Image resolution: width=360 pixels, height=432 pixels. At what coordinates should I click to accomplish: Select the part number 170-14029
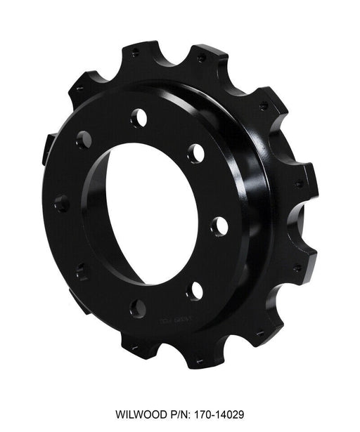coord(219,414)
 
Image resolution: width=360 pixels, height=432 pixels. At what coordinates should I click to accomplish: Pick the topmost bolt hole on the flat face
coord(139,117)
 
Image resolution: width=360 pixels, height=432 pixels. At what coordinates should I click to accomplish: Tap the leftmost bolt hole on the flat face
coord(62,203)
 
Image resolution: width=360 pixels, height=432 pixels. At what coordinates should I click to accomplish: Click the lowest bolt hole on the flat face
coord(138,308)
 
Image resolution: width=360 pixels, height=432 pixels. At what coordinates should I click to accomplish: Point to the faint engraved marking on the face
coord(176,320)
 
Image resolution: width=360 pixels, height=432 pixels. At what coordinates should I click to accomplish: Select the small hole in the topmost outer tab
coord(136,53)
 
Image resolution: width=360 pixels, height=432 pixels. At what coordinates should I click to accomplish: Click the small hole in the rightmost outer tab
coord(300,183)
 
